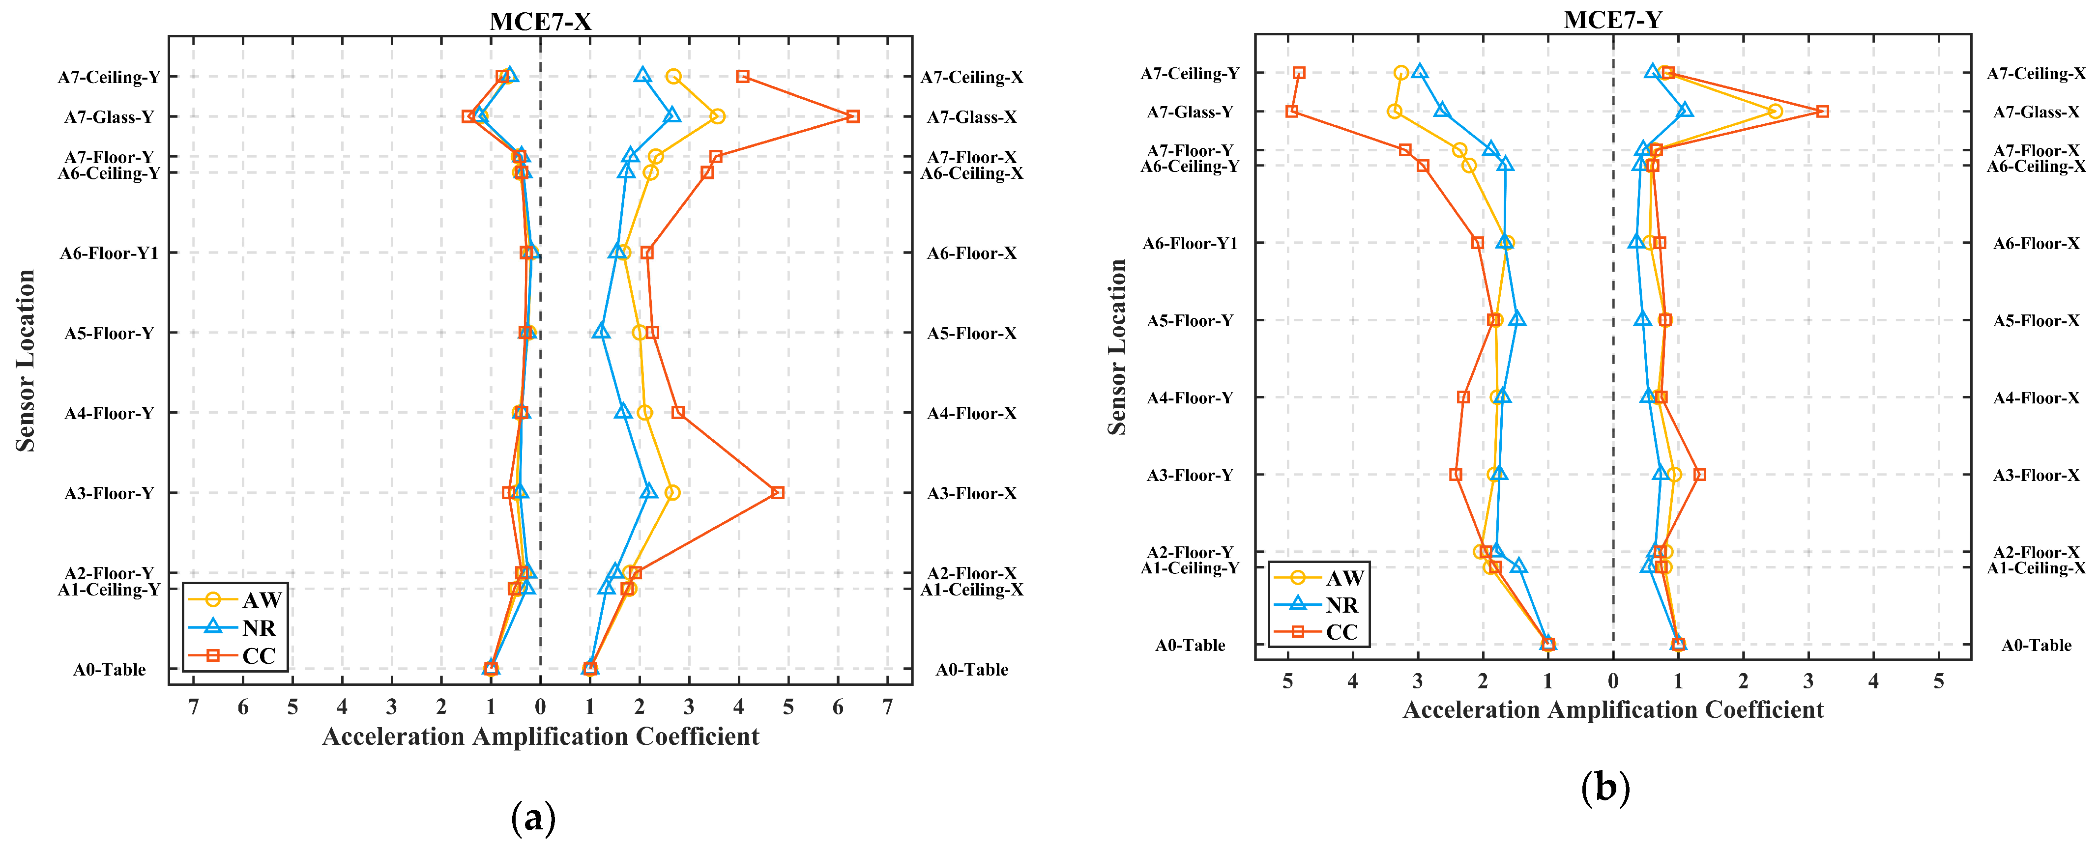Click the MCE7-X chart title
tap(540, 21)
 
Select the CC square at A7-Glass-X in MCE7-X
tap(852, 116)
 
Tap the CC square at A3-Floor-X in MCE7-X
tap(777, 493)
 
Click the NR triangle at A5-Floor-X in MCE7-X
tap(601, 332)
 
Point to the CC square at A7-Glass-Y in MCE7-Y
tap(1291, 111)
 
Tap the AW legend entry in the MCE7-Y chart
tap(1319, 578)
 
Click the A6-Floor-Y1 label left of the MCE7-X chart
tap(109, 254)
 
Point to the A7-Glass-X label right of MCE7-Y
tap(2036, 112)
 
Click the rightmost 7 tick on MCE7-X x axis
tap(887, 707)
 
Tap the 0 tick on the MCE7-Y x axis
tap(1612, 681)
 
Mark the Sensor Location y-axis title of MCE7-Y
tap(1117, 346)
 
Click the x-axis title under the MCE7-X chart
tap(540, 736)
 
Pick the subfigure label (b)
tap(1605, 788)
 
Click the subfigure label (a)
tap(534, 817)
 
